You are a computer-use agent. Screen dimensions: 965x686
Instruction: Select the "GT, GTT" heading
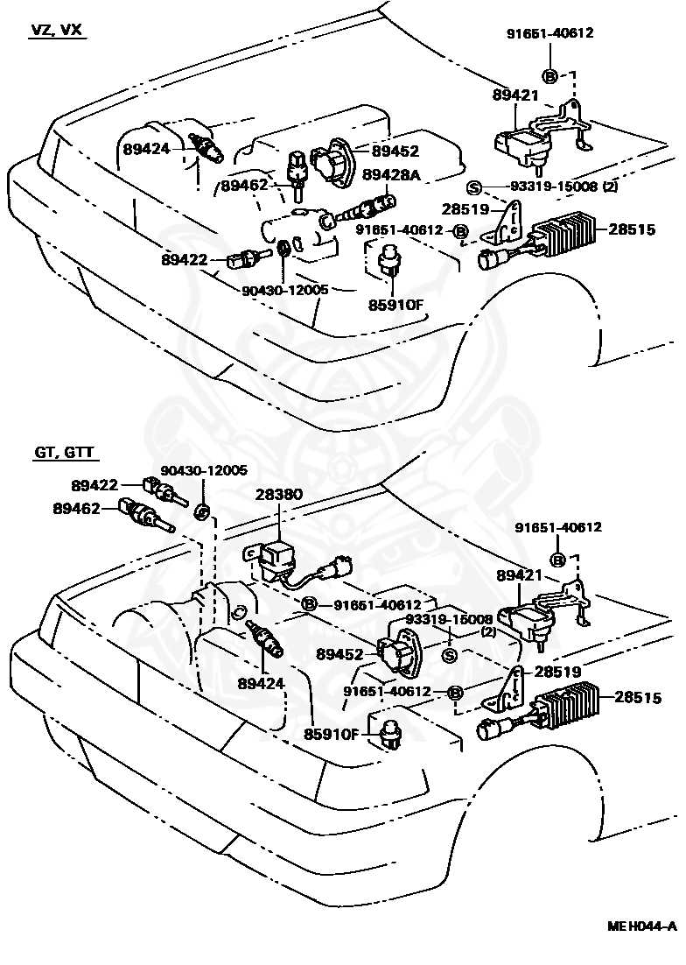(x=66, y=453)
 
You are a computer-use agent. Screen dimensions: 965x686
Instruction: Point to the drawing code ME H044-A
(x=643, y=949)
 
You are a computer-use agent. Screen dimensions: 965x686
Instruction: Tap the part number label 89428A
(x=392, y=175)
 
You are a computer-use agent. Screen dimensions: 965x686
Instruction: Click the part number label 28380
(x=279, y=494)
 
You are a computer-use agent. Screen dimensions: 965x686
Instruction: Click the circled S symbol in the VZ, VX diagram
(x=473, y=187)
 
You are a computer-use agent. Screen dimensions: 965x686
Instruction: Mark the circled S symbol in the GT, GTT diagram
(x=450, y=658)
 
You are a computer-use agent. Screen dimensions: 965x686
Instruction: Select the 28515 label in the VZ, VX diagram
(x=632, y=229)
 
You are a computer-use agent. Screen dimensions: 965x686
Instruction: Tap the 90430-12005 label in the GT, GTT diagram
(x=203, y=470)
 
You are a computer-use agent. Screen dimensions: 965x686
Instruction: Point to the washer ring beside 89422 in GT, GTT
(x=201, y=511)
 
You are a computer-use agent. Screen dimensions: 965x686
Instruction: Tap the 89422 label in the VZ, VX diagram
(x=184, y=259)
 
